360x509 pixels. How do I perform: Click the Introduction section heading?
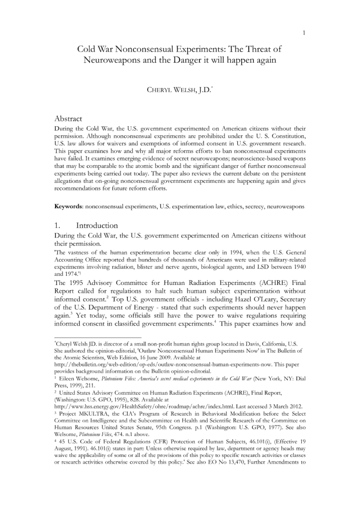[x=97, y=225]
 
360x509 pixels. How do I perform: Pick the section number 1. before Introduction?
[x=58, y=225]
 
